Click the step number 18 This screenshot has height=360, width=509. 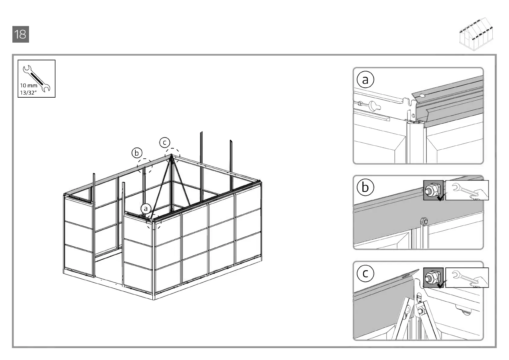pyautogui.click(x=21, y=34)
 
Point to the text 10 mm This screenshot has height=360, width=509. pyautogui.click(x=28, y=86)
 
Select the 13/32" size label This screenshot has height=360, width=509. pyautogui.click(x=28, y=93)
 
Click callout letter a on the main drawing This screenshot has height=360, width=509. pyautogui.click(x=146, y=209)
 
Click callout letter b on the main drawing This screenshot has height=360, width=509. pyautogui.click(x=137, y=153)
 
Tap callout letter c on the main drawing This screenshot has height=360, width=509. pyautogui.click(x=165, y=142)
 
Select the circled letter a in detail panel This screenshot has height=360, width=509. pyautogui.click(x=365, y=80)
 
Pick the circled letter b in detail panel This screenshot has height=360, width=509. pyautogui.click(x=365, y=187)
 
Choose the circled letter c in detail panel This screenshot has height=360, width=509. pyautogui.click(x=365, y=273)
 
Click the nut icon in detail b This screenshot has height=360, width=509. pyautogui.click(x=433, y=190)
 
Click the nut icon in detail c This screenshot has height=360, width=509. pyautogui.click(x=433, y=277)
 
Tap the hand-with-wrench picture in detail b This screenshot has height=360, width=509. pyautogui.click(x=467, y=190)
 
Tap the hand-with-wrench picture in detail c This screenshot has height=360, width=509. pyautogui.click(x=467, y=277)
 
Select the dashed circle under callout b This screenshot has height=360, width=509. pyautogui.click(x=145, y=166)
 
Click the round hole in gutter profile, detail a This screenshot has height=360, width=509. pyautogui.click(x=422, y=96)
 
